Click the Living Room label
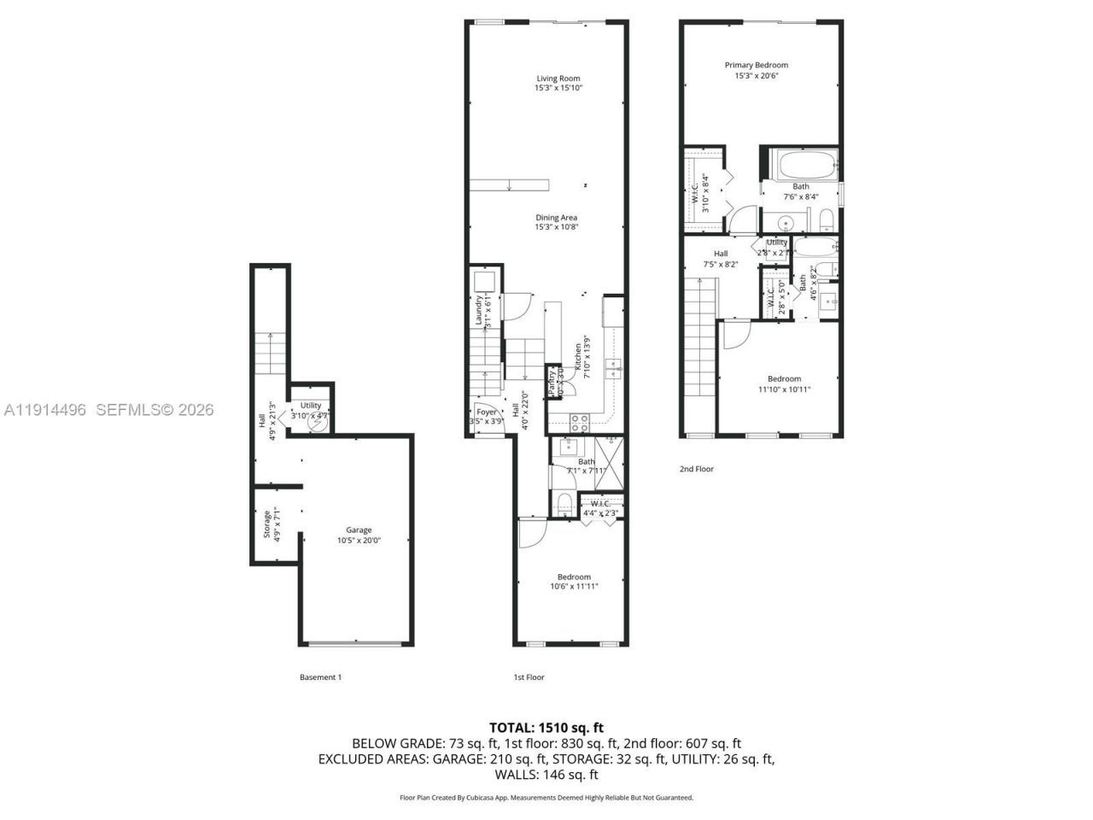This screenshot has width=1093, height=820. [558, 79]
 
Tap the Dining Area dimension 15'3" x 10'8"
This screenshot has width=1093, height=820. [557, 227]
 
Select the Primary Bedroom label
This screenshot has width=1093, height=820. [756, 65]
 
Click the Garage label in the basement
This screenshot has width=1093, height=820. [359, 530]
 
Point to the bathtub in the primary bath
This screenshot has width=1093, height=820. [800, 164]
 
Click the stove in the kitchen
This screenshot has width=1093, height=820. [579, 420]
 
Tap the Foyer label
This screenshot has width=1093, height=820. [486, 412]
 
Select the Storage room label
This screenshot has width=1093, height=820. [267, 524]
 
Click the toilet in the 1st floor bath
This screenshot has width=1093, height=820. [564, 501]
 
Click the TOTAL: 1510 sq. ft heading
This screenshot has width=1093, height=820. [546, 728]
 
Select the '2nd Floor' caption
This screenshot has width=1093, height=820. [696, 469]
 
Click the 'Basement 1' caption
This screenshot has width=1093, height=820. [320, 677]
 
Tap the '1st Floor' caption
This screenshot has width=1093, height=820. [529, 677]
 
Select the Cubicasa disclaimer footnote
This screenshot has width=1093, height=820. [546, 798]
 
